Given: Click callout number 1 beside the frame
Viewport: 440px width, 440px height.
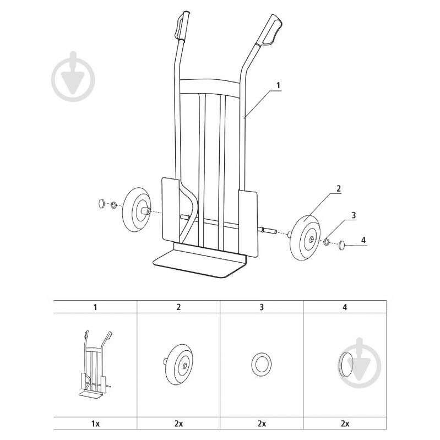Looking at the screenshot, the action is coord(278,85).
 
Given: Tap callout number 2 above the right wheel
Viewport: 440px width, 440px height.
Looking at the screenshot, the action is coord(339,188).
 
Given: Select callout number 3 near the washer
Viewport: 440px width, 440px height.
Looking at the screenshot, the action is coord(354,215).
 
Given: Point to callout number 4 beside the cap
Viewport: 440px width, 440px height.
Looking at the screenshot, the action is coord(363,240).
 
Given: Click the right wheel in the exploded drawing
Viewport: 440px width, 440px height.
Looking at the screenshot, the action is coord(305,237).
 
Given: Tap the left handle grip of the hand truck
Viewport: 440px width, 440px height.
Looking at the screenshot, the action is coord(182,26).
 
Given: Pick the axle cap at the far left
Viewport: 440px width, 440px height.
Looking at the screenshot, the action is coord(101,203).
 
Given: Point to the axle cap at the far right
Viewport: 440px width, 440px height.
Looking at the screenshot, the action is coord(341,245).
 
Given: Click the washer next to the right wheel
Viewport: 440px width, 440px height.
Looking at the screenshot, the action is coord(327,241).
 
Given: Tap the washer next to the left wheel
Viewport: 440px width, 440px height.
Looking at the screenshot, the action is coord(113,205).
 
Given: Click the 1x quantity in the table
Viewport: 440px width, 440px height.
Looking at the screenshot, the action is coord(95,423).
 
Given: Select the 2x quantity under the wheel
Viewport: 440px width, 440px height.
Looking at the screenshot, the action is coord(178,423).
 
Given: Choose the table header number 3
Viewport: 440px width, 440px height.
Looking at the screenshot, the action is coord(262,307).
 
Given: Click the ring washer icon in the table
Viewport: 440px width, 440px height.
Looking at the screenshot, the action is coord(261,364).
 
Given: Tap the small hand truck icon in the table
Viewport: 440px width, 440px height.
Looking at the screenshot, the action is coord(95,364).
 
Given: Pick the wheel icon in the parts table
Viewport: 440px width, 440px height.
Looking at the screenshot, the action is coord(178,364).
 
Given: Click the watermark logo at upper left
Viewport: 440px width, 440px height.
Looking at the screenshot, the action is coord(73,77).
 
